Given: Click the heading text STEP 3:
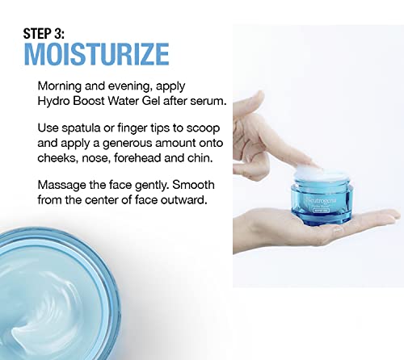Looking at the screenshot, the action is [x=44, y=34].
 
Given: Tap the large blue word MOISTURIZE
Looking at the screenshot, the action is [x=96, y=54].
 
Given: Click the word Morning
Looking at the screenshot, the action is [x=60, y=86].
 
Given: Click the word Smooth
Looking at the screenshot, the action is [x=193, y=185].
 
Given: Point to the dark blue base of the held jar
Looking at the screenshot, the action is [x=322, y=219].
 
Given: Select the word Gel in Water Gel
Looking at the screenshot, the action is [x=152, y=101].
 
